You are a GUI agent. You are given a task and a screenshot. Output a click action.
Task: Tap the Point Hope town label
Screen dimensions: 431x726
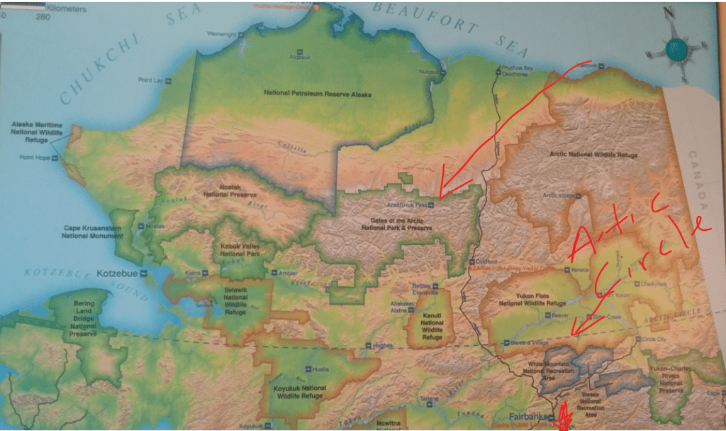pos(35,157)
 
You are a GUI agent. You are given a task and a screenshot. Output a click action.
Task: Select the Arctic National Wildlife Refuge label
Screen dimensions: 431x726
pos(593,154)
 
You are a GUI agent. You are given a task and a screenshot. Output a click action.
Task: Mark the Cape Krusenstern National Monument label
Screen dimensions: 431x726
pos(94,232)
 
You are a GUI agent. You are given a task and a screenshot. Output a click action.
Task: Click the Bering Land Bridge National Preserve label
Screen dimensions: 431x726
pos(84,318)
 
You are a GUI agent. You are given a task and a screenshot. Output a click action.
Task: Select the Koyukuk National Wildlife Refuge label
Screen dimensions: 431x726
pos(300,393)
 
